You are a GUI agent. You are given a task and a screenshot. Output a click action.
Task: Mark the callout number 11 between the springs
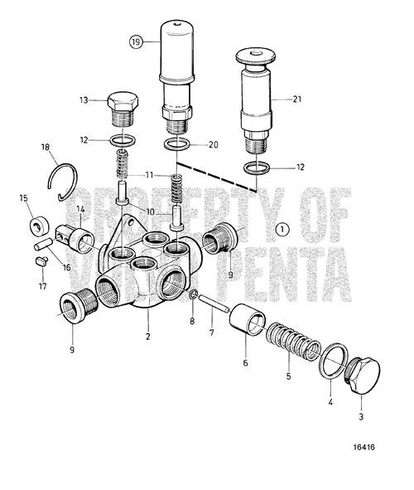coord(149,176)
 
